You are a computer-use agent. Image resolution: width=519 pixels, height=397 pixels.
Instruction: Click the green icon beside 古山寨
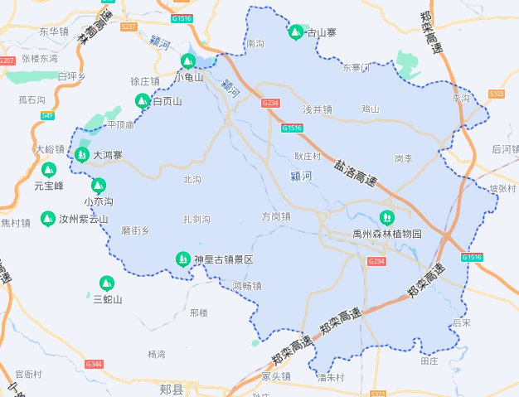(x=295, y=32)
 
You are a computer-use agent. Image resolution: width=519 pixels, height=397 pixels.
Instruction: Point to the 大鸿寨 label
(x=108, y=155)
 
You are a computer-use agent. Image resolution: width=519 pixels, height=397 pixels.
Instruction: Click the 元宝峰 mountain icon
(x=48, y=169)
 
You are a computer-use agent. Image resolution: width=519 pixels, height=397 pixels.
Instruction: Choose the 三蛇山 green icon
(x=107, y=283)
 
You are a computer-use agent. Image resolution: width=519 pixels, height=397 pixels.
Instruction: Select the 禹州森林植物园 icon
(x=385, y=217)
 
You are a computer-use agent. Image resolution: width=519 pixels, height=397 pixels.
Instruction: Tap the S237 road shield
(x=129, y=27)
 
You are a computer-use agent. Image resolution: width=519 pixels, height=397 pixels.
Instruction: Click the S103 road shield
(x=497, y=94)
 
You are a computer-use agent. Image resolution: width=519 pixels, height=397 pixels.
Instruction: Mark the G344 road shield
(x=94, y=364)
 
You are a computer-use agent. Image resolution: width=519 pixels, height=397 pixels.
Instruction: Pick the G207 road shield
(x=7, y=61)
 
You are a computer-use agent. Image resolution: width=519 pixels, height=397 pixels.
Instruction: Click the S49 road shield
(x=47, y=115)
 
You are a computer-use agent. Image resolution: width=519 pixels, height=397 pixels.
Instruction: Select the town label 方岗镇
(x=276, y=216)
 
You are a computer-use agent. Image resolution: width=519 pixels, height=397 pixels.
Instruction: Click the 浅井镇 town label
(x=317, y=109)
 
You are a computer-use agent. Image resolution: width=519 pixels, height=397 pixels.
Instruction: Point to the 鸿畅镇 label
(x=247, y=286)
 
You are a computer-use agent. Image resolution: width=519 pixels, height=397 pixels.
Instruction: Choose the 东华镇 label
(x=54, y=31)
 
